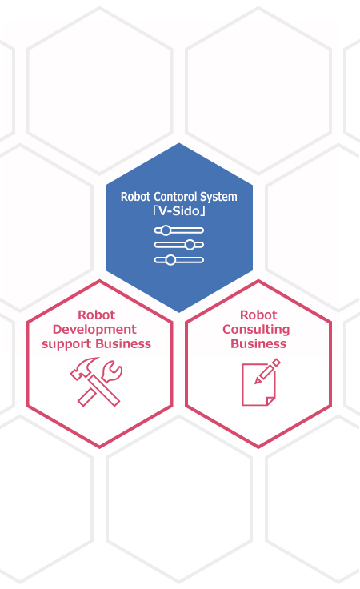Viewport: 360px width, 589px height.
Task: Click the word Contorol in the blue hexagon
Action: point(175,197)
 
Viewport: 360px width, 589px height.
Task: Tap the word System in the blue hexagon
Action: point(218,197)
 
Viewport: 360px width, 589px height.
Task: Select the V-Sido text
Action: point(179,211)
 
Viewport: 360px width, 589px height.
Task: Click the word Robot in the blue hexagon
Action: point(136,197)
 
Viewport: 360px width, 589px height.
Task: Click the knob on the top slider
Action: point(166,230)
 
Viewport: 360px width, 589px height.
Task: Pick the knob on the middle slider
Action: point(190,245)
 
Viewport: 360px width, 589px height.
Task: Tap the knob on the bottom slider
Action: point(170,260)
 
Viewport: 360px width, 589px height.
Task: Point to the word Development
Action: point(94,330)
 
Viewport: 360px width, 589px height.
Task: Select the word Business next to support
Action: point(123,343)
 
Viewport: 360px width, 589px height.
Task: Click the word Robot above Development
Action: point(97,315)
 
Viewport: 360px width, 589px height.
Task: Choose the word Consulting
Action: point(256,330)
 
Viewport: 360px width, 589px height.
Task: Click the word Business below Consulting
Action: point(258,343)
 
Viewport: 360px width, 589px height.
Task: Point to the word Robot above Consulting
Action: point(258,315)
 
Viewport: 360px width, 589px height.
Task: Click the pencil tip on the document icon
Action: point(257,381)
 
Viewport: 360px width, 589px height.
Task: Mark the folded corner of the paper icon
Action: point(270,401)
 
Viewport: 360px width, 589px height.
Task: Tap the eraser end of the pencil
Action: point(276,363)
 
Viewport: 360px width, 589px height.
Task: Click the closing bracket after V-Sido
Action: point(202,211)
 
